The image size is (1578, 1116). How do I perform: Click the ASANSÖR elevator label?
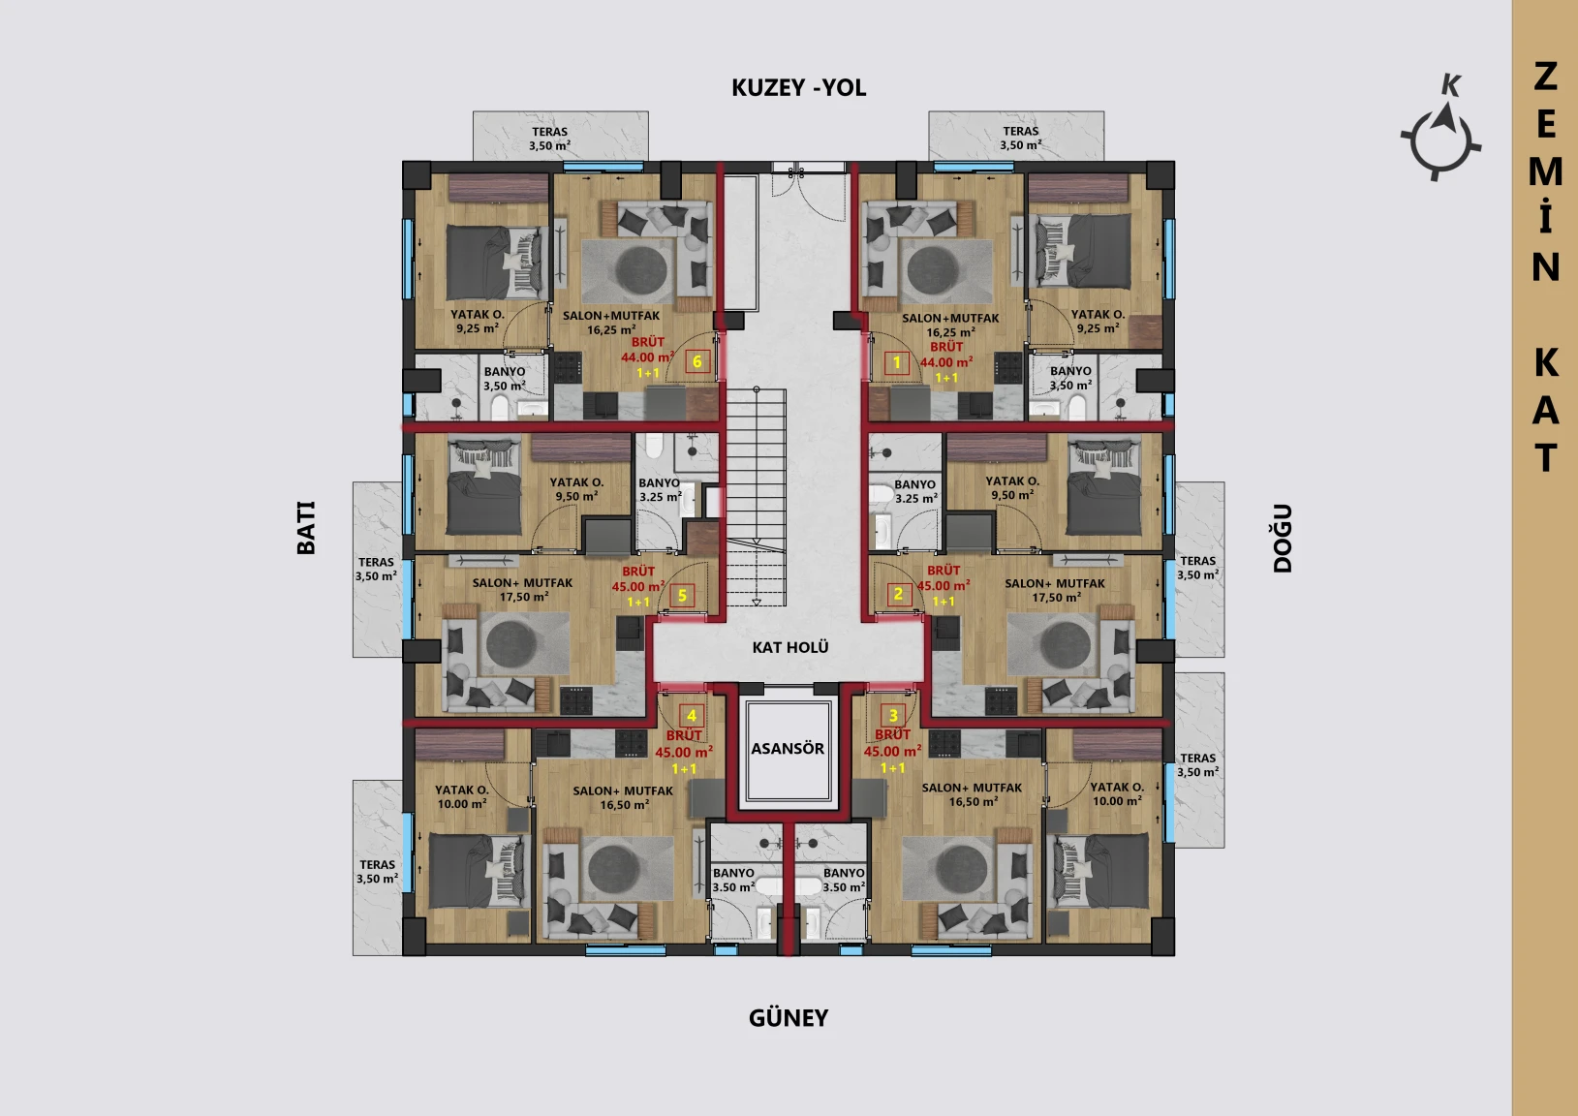tap(787, 748)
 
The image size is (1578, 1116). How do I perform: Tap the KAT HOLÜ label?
tap(790, 647)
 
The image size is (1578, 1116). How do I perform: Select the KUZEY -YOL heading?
tap(799, 87)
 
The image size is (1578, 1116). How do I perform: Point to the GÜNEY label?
tap(789, 1017)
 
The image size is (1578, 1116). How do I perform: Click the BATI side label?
tap(306, 528)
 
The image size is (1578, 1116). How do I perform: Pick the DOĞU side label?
tap(1283, 538)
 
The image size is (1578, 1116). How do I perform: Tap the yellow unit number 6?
tap(696, 361)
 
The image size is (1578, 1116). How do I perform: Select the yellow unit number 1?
tap(897, 363)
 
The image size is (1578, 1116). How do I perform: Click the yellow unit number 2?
tap(898, 594)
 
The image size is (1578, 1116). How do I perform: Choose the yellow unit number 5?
tap(682, 596)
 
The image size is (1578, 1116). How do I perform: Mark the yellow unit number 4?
tap(692, 716)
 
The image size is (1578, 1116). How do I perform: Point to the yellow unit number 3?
tap(893, 716)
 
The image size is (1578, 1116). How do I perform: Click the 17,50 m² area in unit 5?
tap(524, 597)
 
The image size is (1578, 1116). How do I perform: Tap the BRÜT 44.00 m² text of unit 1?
tap(946, 355)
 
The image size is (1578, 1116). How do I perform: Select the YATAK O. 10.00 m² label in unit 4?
tap(461, 797)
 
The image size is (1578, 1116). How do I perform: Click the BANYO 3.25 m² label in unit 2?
tap(915, 491)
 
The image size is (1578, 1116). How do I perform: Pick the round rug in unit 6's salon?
tap(640, 268)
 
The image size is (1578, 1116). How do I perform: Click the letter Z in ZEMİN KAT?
tap(1545, 77)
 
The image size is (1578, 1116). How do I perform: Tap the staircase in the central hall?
tap(756, 497)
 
